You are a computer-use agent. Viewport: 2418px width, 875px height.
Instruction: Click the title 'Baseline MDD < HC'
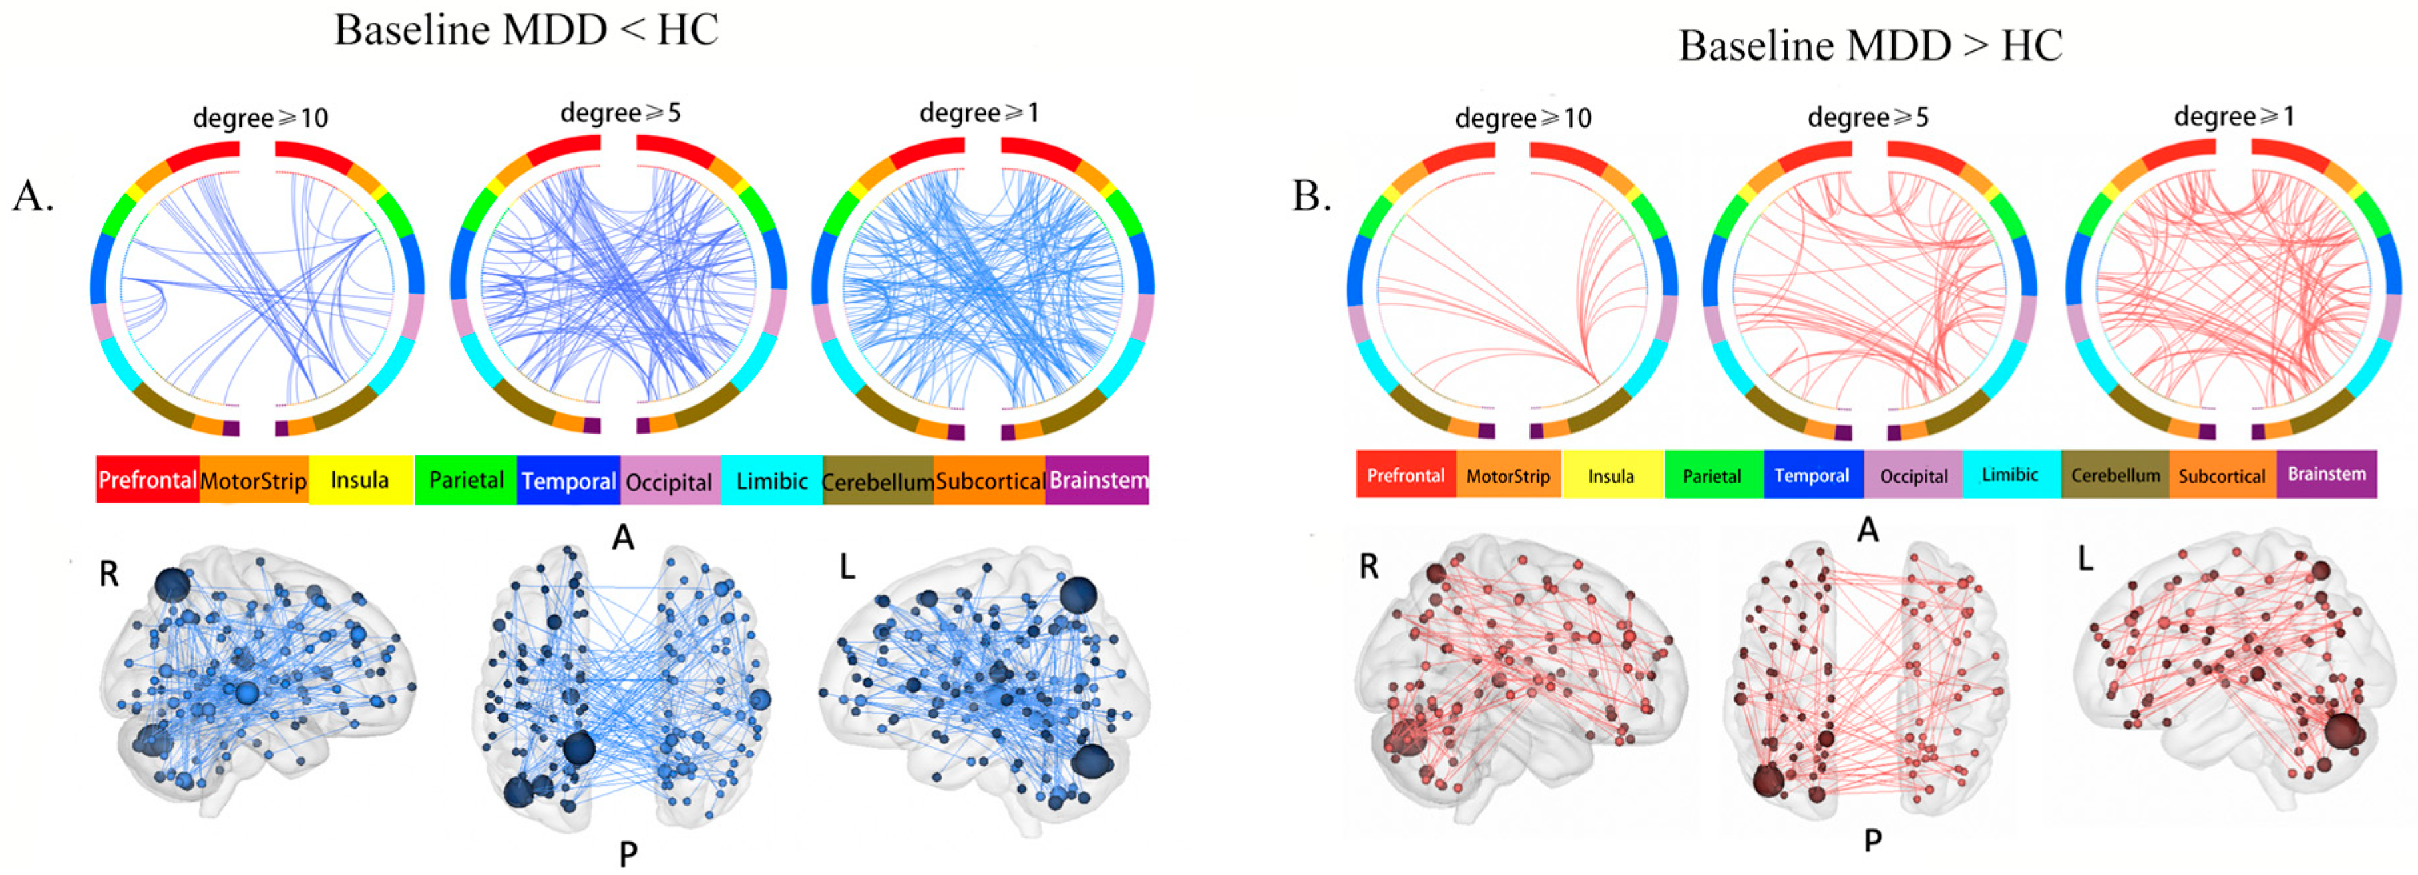526,30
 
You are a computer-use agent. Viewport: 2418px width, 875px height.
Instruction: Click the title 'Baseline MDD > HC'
1870,45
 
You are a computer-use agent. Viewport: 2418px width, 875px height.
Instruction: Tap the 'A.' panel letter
33,196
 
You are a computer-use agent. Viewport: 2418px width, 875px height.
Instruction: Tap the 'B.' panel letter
1311,196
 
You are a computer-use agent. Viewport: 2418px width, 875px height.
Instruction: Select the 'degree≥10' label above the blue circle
260,119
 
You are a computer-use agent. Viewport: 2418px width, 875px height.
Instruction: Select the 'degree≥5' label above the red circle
1868,117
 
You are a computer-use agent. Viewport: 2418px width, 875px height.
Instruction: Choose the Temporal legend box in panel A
569,481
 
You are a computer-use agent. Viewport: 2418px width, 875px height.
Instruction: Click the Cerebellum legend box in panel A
878,481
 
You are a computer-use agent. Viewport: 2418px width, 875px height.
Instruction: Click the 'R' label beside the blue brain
109,573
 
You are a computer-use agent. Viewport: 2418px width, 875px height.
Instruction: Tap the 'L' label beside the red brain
2085,559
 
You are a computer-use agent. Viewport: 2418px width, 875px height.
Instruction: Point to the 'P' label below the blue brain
628,854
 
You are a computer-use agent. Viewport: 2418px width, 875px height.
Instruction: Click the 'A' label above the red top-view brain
1868,531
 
